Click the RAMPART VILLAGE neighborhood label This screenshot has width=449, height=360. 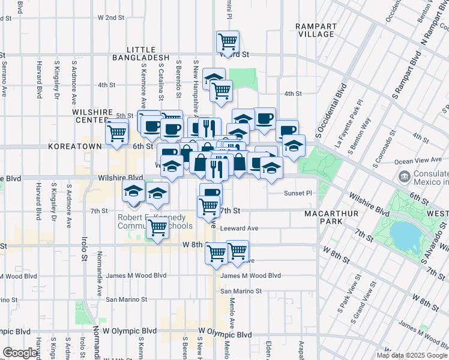click(x=315, y=30)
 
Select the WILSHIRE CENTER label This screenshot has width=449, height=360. click(x=92, y=115)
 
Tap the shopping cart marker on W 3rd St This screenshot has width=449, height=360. click(x=228, y=42)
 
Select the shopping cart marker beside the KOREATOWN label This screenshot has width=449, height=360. click(x=116, y=133)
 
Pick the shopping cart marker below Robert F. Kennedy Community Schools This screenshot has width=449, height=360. click(x=158, y=227)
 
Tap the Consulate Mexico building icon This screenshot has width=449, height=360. click(x=404, y=176)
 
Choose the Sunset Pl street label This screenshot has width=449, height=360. click(x=298, y=194)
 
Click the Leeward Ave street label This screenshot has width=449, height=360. click(x=239, y=229)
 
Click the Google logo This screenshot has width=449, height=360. click(x=20, y=353)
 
